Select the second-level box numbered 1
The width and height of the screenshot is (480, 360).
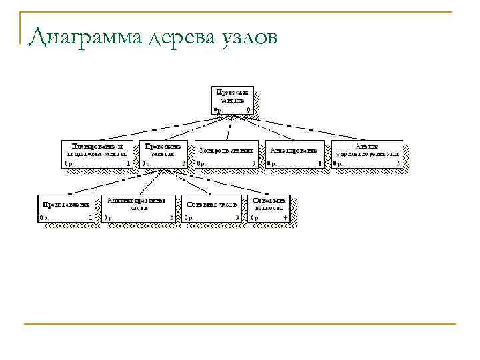coord(97,153)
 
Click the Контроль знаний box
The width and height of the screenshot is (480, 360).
coord(227,153)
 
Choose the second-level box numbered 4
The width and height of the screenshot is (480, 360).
coord(294,153)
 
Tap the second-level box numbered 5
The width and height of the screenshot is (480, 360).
coord(367,153)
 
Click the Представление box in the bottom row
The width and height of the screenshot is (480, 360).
coord(66,208)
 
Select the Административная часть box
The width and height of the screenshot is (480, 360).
coord(139,208)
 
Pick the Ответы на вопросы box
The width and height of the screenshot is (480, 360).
coord(270,208)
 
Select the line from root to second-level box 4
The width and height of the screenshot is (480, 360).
coord(267,128)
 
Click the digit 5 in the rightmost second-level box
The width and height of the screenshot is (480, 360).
coord(399,163)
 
